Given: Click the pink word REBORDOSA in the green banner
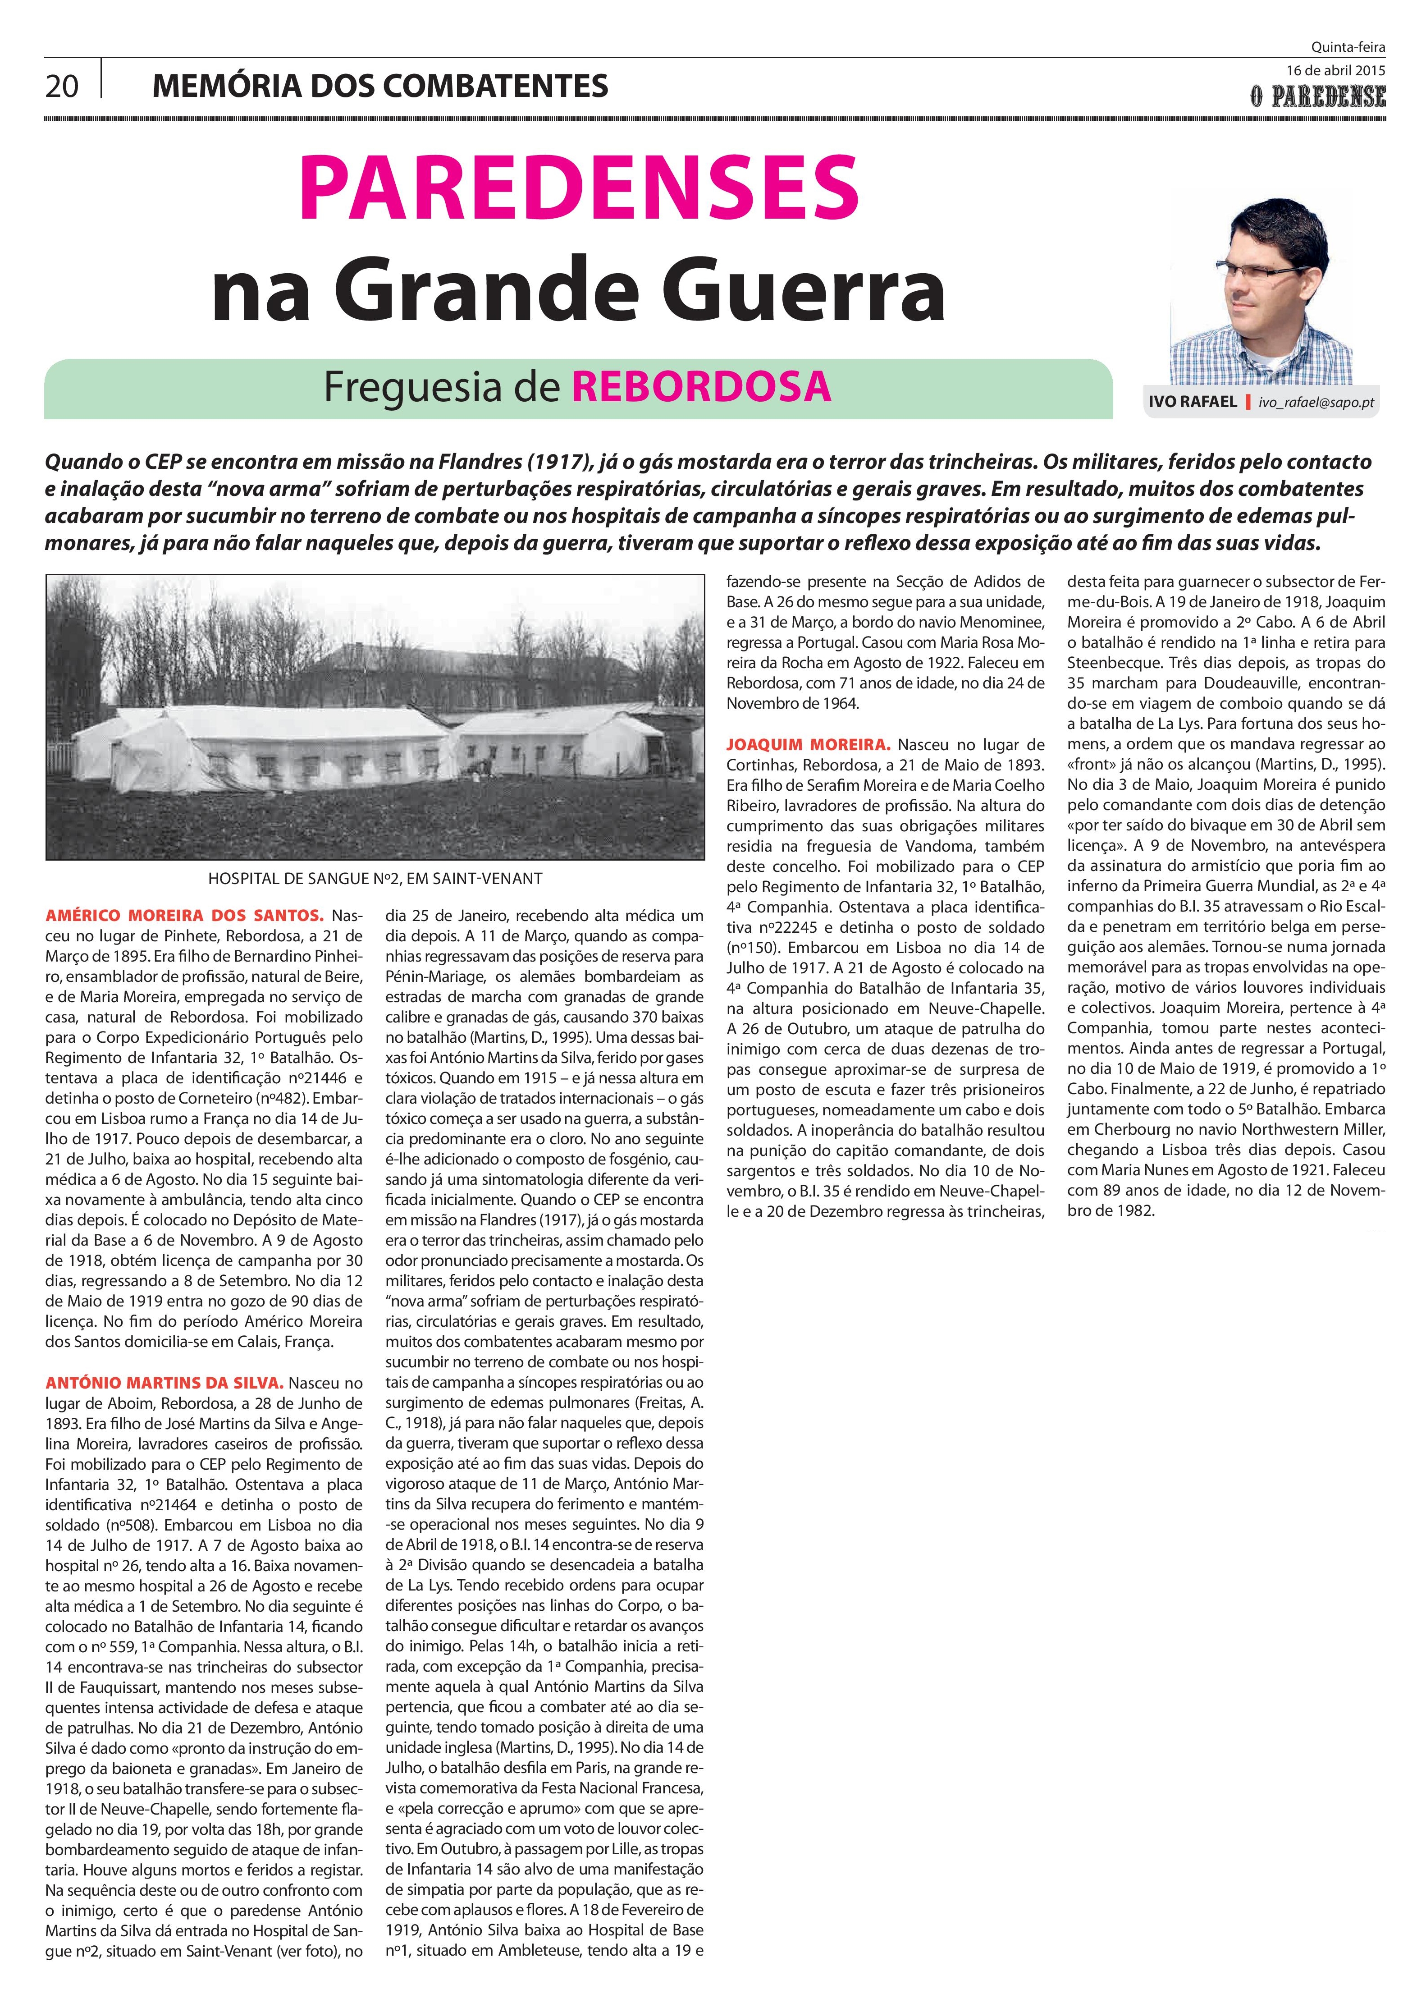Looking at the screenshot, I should (x=701, y=386).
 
